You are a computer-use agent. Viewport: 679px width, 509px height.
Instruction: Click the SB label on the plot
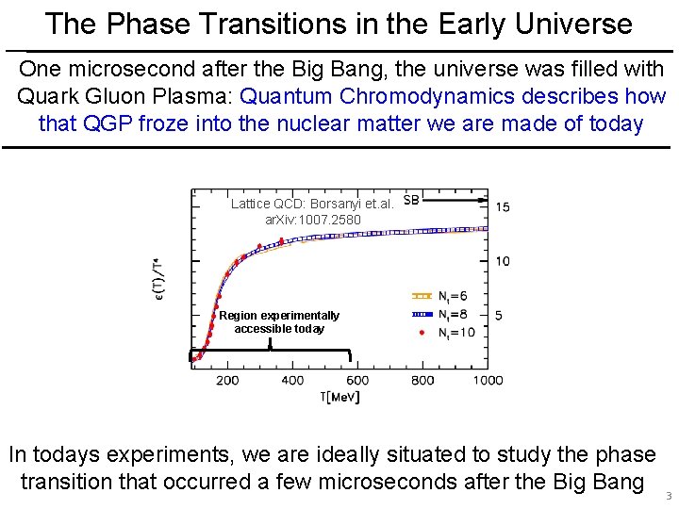(412, 200)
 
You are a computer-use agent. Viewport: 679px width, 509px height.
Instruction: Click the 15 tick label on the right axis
(503, 206)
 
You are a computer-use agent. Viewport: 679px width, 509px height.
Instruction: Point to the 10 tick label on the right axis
(503, 261)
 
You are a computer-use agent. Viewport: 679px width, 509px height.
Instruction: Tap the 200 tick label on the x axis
(227, 380)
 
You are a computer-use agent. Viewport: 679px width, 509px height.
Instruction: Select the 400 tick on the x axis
(292, 380)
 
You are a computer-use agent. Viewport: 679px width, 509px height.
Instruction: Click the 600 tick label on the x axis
(357, 380)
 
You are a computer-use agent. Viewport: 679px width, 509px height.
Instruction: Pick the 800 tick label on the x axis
(422, 380)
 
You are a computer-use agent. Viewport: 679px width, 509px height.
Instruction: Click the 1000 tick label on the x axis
(488, 380)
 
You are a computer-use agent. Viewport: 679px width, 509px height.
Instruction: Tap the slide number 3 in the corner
(669, 496)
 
